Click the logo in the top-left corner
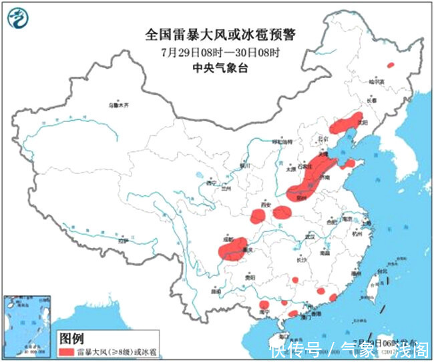click(20, 20)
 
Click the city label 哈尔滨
click(378, 81)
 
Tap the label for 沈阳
click(363, 122)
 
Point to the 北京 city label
click(323, 139)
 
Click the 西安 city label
click(268, 206)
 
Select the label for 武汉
click(308, 236)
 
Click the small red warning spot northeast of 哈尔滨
click(391, 65)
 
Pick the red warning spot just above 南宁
click(265, 303)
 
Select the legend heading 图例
click(71, 337)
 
